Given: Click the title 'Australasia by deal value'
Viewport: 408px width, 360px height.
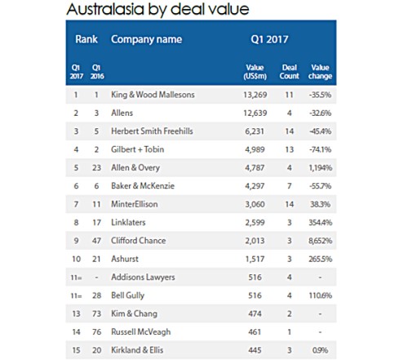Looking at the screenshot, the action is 157,9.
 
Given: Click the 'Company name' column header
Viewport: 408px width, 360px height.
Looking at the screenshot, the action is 146,39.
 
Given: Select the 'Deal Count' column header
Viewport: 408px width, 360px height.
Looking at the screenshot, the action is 289,72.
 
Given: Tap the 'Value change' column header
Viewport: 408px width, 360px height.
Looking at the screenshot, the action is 320,72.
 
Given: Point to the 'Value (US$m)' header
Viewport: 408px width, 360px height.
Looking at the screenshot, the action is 255,72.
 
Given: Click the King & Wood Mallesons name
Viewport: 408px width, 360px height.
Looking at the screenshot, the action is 153,95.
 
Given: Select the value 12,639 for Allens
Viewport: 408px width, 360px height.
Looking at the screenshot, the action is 255,113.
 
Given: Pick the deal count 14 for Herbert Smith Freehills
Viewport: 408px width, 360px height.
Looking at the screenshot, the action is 289,131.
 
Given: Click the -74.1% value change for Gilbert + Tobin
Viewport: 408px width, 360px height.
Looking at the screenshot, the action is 320,149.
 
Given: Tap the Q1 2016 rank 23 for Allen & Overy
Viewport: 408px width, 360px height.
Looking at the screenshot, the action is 96,167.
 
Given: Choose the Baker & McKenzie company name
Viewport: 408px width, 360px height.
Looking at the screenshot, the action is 143,186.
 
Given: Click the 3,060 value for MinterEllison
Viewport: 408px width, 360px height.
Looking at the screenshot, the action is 255,204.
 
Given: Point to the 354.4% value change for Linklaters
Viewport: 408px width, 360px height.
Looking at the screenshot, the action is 320,222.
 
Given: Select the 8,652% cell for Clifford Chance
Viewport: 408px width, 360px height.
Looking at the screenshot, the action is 320,241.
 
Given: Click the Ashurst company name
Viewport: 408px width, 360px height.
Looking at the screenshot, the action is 125,259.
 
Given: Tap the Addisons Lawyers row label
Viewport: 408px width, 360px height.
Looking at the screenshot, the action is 143,277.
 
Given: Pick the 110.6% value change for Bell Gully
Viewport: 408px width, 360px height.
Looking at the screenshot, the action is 320,296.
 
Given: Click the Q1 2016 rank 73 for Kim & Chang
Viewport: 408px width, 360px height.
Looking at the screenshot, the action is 96,313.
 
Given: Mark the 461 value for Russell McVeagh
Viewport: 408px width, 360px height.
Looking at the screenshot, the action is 255,331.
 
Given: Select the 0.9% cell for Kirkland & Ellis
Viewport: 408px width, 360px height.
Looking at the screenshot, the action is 320,350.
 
